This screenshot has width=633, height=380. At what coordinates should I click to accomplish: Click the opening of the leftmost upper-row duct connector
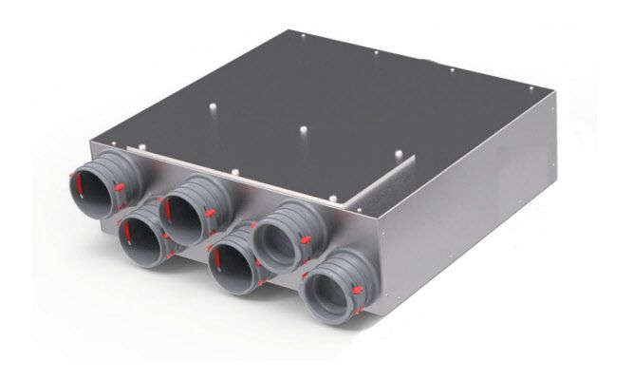(x=96, y=186)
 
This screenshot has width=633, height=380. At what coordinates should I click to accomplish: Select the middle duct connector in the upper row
(x=189, y=208)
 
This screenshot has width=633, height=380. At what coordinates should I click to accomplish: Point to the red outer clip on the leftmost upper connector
(x=120, y=187)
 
